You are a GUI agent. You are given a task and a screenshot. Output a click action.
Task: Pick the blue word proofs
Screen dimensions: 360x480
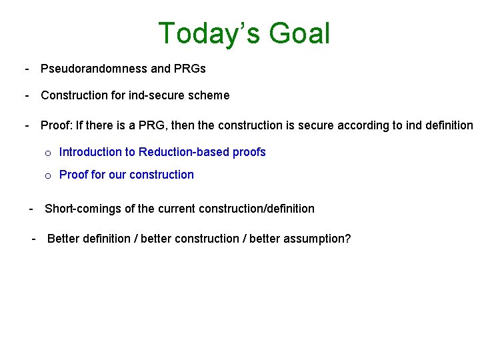249,152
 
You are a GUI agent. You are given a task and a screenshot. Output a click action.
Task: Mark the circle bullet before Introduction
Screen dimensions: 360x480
48,153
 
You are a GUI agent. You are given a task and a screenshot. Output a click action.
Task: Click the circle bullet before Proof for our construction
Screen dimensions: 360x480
48,176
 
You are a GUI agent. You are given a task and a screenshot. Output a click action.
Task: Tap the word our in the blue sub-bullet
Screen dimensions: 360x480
117,175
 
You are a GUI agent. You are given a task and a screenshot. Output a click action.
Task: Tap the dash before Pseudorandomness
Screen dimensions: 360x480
27,69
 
